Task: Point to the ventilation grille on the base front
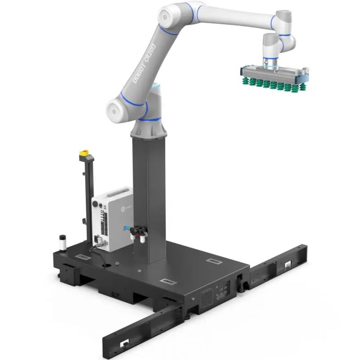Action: point(207,297)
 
